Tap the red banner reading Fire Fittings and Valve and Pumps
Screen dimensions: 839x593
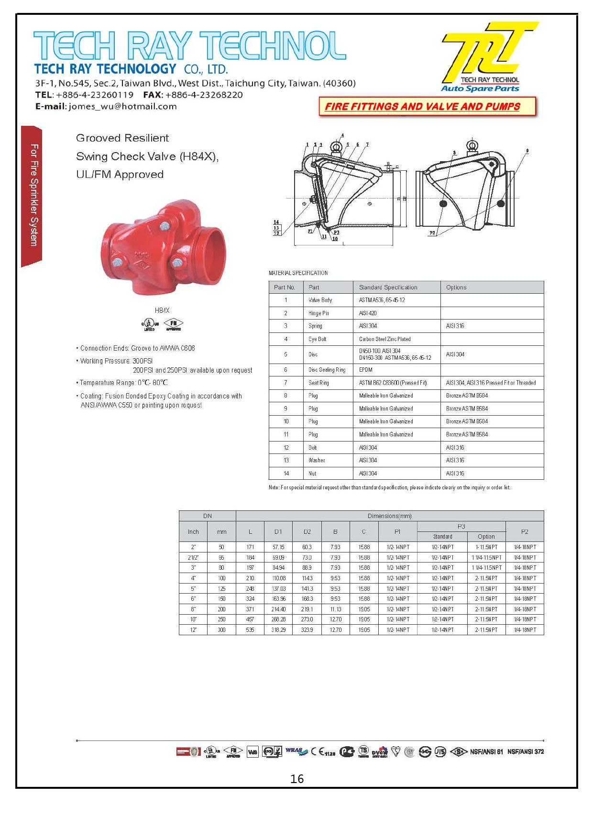pos(423,107)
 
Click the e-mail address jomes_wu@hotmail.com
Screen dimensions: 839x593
pos(123,107)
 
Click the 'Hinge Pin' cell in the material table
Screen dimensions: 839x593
pos(318,313)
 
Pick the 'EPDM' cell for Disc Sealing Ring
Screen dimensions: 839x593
pos(366,370)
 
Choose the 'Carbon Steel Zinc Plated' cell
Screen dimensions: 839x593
pos(385,339)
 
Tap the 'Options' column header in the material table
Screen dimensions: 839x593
pos(456,287)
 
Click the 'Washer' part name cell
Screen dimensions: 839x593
pos(317,460)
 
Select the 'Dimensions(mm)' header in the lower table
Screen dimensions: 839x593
pos(389,516)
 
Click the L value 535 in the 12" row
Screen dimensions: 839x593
pos(250,630)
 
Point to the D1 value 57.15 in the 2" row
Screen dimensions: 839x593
pos(278,547)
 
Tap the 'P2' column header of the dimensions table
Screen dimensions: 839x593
pos(525,531)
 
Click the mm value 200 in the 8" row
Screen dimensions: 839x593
pos(221,609)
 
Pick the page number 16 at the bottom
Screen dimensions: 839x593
pos(296,779)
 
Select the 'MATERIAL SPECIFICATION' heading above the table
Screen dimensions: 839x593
pos(298,273)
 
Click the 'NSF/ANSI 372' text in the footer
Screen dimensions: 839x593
pos(526,751)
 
